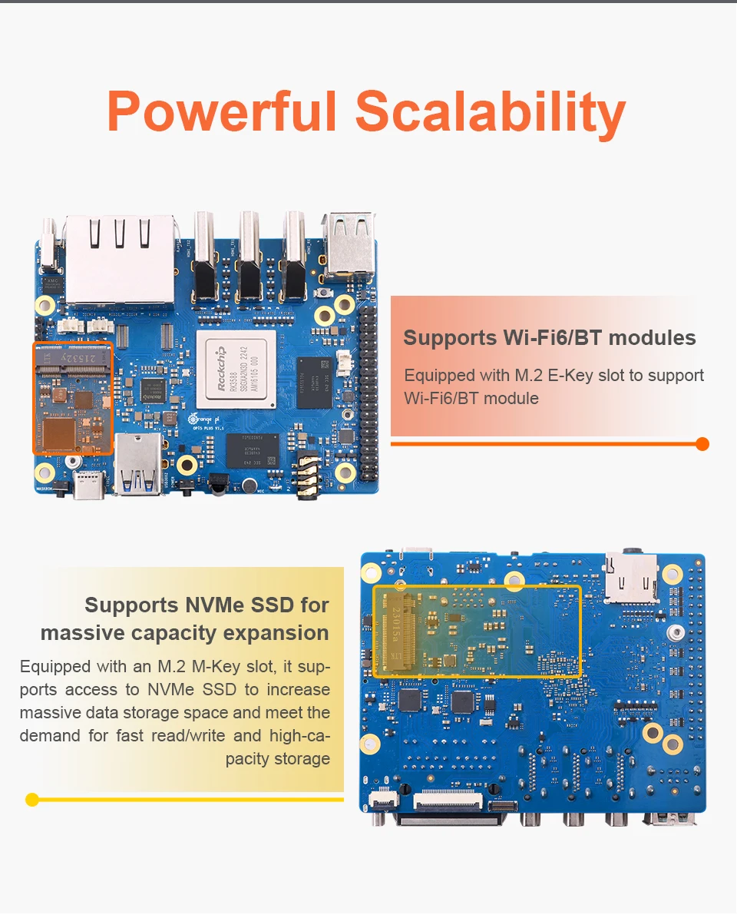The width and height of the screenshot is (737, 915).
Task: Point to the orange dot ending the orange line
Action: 702,444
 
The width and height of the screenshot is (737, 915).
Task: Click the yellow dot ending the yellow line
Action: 32,800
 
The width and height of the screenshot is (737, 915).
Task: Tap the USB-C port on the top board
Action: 88,486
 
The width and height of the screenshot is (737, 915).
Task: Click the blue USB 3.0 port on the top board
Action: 139,464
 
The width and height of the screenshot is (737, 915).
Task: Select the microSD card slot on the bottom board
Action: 632,576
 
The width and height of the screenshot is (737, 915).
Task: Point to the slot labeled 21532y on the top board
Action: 73,357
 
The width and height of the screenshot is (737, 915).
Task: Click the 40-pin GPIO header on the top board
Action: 369,392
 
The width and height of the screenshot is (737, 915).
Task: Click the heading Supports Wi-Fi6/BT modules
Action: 549,338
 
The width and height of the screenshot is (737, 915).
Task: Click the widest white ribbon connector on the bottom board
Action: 448,801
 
